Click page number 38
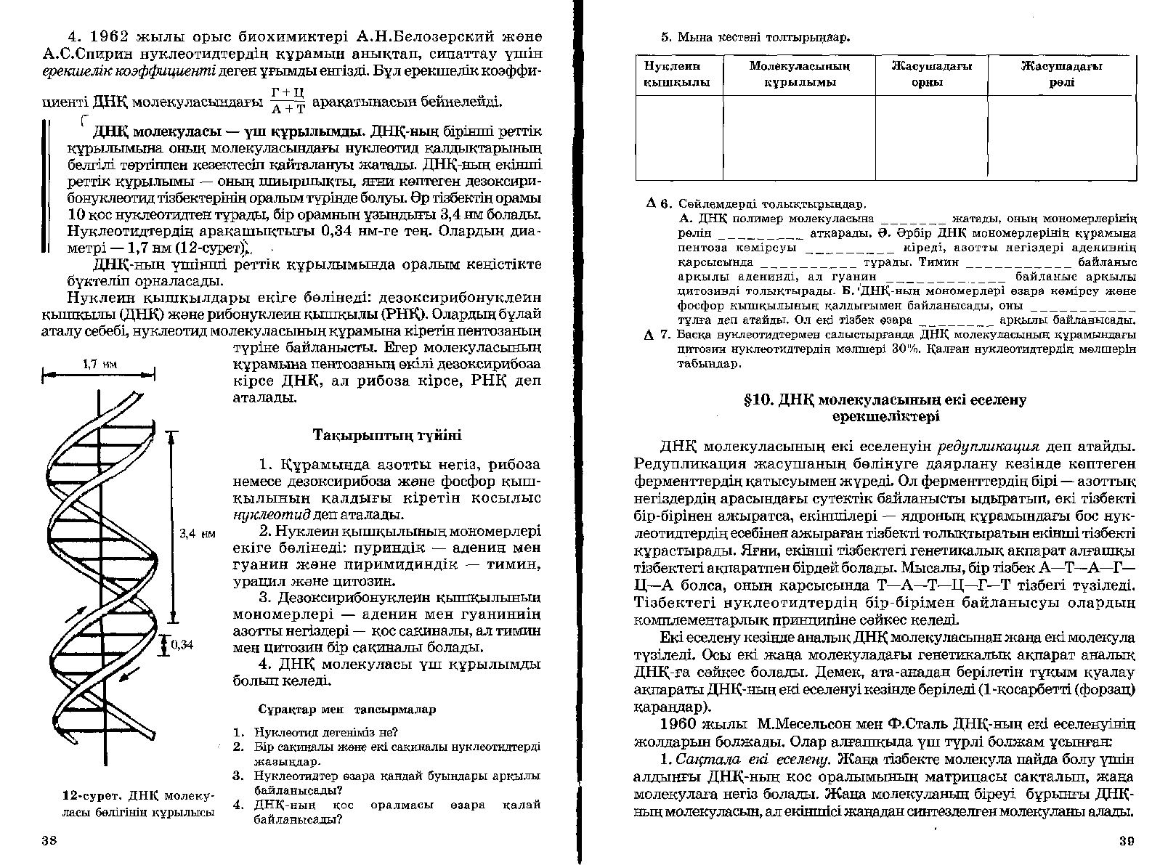pyautogui.click(x=49, y=842)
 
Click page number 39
pyautogui.click(x=1126, y=842)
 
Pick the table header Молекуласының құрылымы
pyautogui.click(x=799, y=74)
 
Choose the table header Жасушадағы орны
pyautogui.click(x=931, y=74)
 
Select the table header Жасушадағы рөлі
pyautogui.click(x=1061, y=74)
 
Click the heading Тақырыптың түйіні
pyautogui.click(x=386, y=436)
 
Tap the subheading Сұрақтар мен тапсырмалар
pyautogui.click(x=347, y=709)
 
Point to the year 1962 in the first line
pyautogui.click(x=118, y=36)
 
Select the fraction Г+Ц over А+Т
pyautogui.click(x=287, y=101)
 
